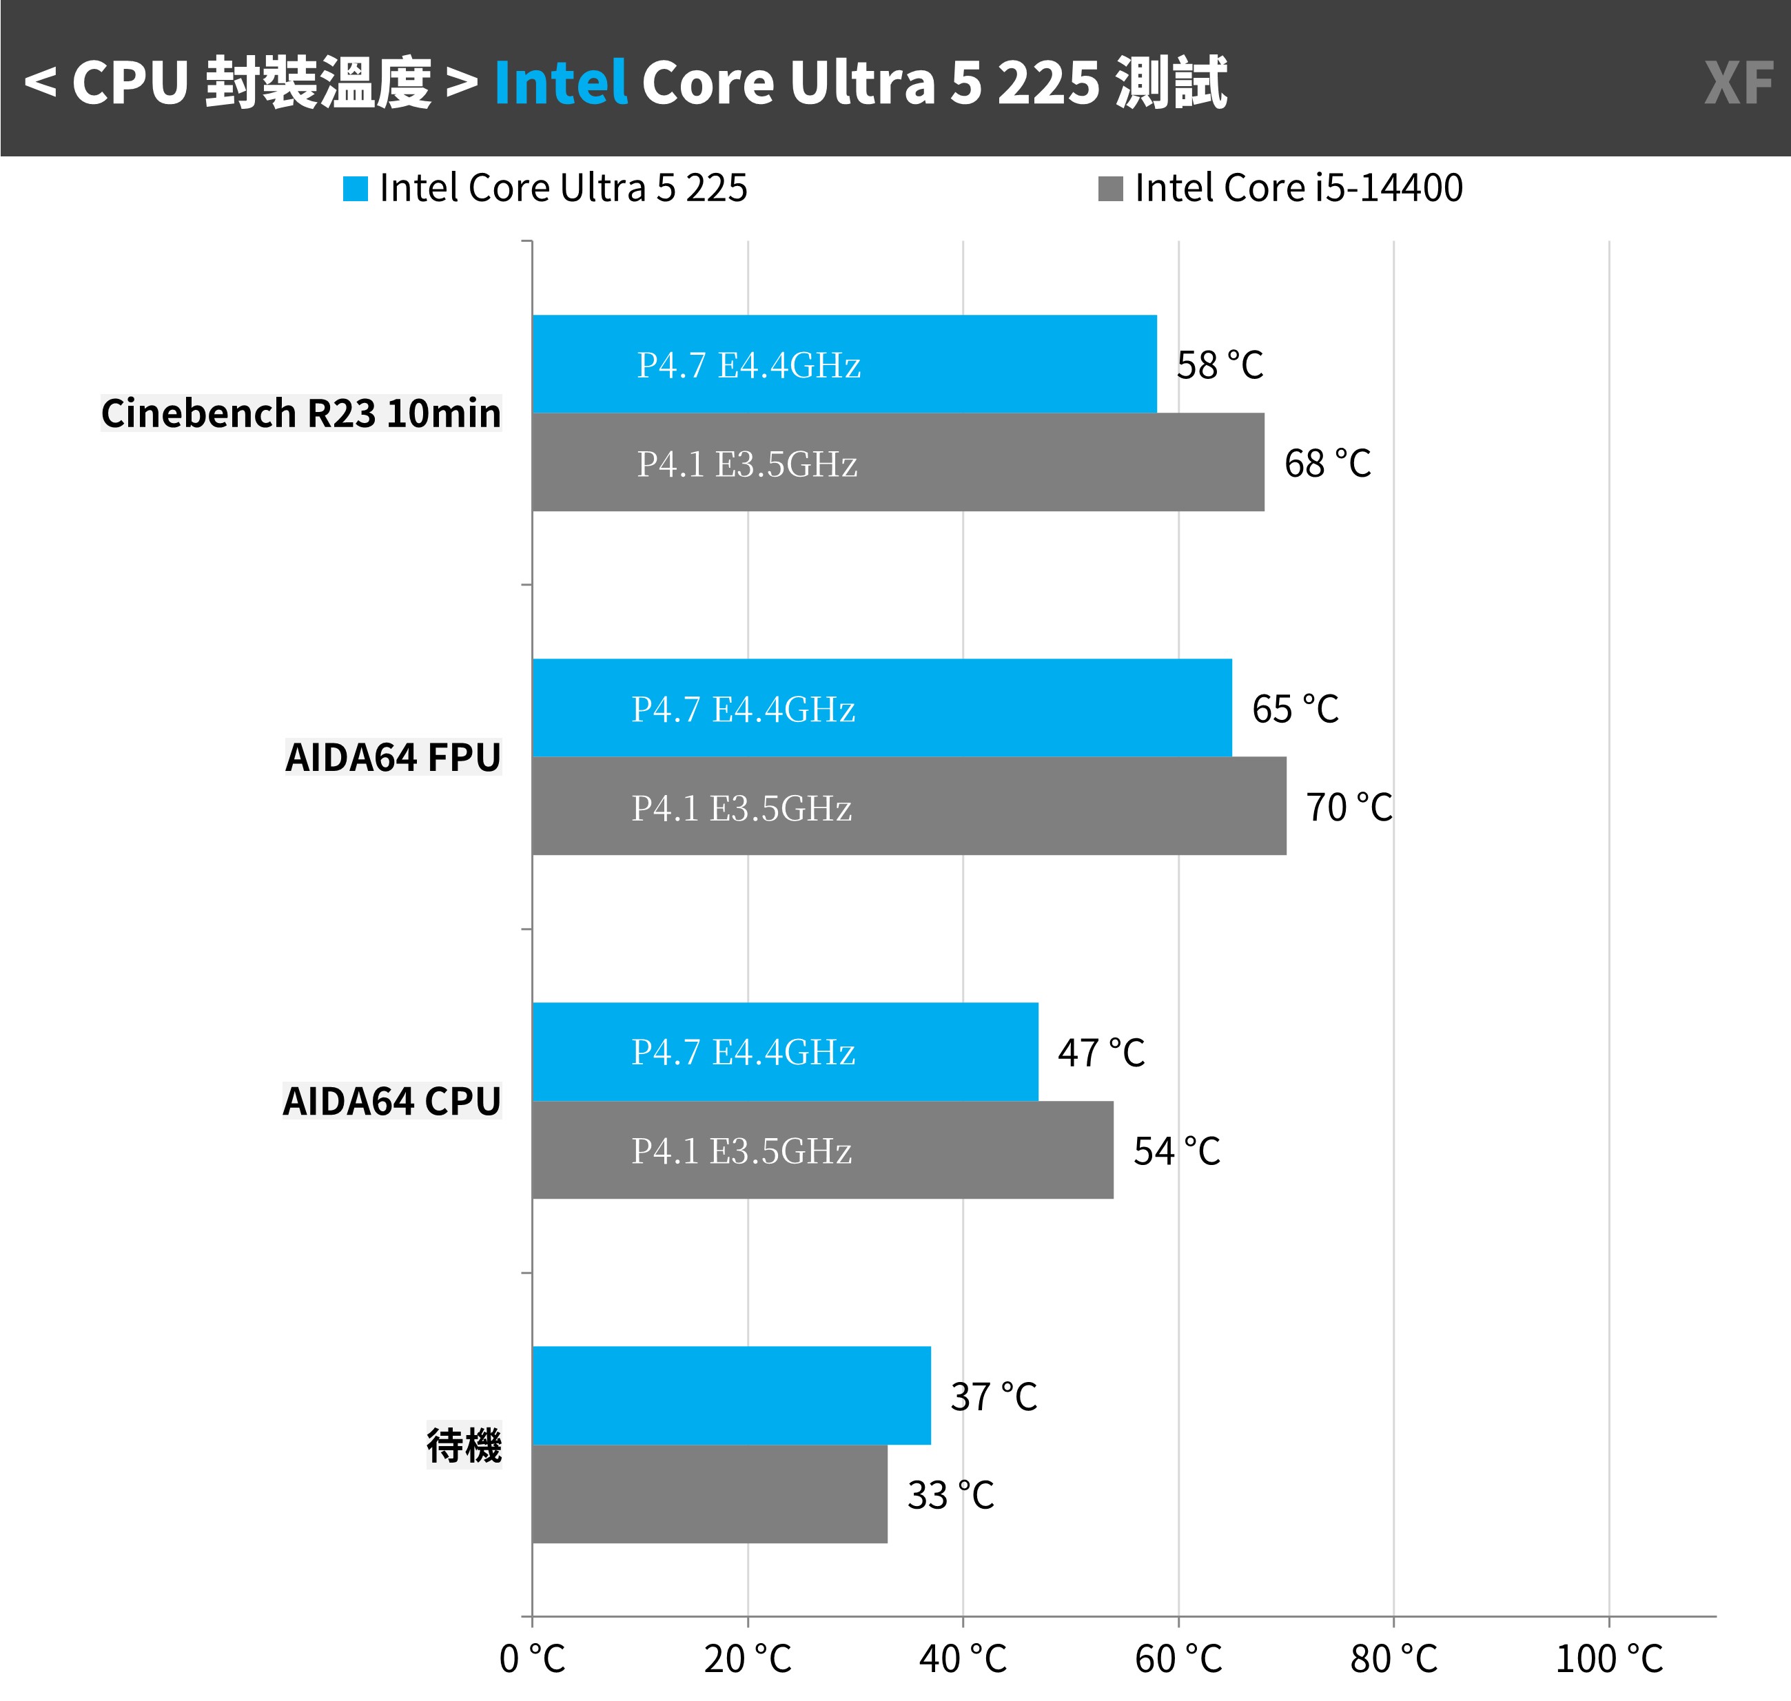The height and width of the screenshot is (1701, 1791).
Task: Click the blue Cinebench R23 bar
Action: [x=843, y=364]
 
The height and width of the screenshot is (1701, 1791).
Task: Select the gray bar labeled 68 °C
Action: [x=898, y=462]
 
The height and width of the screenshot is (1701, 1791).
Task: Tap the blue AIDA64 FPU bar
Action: [x=881, y=708]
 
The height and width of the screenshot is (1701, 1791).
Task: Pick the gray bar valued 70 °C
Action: [x=909, y=806]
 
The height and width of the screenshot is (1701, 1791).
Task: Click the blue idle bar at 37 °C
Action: [x=731, y=1395]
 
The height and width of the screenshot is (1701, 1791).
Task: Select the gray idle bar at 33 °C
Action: [x=709, y=1494]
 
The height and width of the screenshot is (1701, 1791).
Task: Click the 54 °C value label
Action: [x=1176, y=1151]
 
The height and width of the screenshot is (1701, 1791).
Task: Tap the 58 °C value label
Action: [x=1220, y=365]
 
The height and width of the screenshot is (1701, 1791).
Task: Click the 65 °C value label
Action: [x=1295, y=709]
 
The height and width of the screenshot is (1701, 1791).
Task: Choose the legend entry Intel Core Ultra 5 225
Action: [x=546, y=189]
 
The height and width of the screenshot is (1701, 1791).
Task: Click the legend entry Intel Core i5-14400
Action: [x=1280, y=189]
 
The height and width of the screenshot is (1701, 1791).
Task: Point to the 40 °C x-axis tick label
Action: [x=962, y=1658]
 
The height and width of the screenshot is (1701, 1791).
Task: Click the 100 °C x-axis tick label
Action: [x=1608, y=1658]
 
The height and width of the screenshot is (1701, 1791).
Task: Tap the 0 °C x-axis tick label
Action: [x=532, y=1658]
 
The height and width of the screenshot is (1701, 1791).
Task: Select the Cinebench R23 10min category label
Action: [x=300, y=413]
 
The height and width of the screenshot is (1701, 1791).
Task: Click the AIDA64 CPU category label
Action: [x=391, y=1102]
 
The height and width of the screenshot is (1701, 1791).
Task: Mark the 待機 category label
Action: [x=463, y=1445]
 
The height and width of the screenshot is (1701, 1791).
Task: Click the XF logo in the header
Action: [x=1737, y=83]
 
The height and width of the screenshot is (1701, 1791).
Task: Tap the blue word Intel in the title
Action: [x=560, y=83]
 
